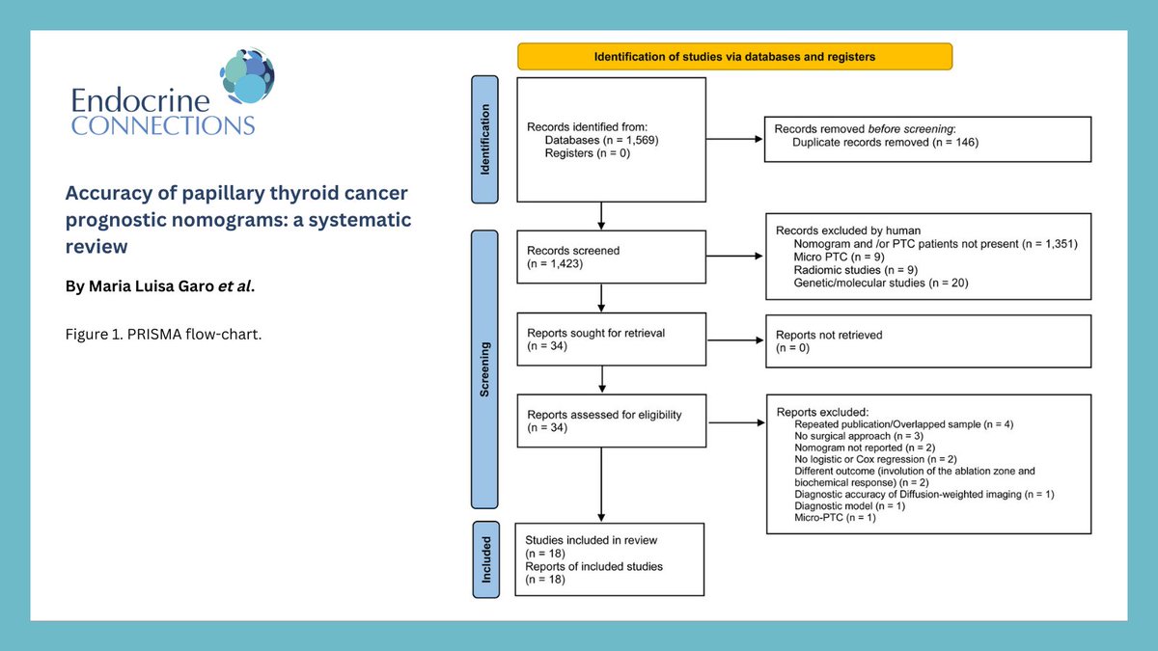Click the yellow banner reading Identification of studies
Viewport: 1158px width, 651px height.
(734, 57)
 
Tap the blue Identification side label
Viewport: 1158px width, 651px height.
(485, 139)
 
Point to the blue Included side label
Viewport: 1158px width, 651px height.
(485, 559)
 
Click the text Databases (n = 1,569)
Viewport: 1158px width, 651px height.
(601, 140)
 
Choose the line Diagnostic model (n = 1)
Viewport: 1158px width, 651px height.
(849, 505)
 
